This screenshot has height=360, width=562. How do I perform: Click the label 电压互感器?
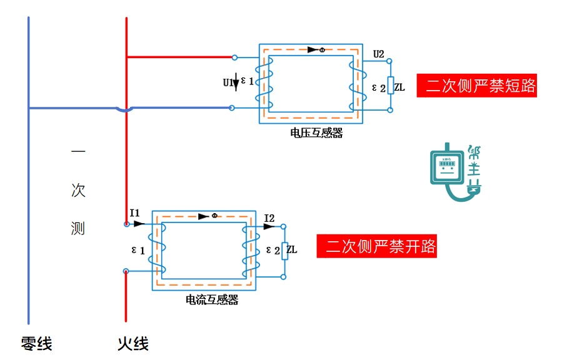(316, 133)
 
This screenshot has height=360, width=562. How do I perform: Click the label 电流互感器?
(212, 300)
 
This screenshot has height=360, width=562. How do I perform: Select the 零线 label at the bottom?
(36, 343)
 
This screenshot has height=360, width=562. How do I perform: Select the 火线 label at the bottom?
(133, 343)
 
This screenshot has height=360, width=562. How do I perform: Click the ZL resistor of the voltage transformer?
(390, 86)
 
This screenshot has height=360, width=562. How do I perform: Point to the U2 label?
(378, 54)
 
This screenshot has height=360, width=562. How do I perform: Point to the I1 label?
(135, 212)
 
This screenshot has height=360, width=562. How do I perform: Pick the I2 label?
(269, 217)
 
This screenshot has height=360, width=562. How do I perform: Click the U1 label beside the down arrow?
(228, 82)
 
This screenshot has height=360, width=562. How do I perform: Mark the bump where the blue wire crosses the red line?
(126, 109)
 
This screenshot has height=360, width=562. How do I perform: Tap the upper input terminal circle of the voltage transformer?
(234, 57)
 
